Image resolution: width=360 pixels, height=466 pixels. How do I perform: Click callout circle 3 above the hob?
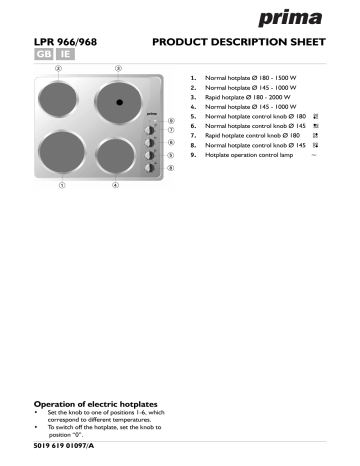pos(118,69)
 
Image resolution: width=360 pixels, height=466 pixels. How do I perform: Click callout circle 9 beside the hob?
pos(171,120)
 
